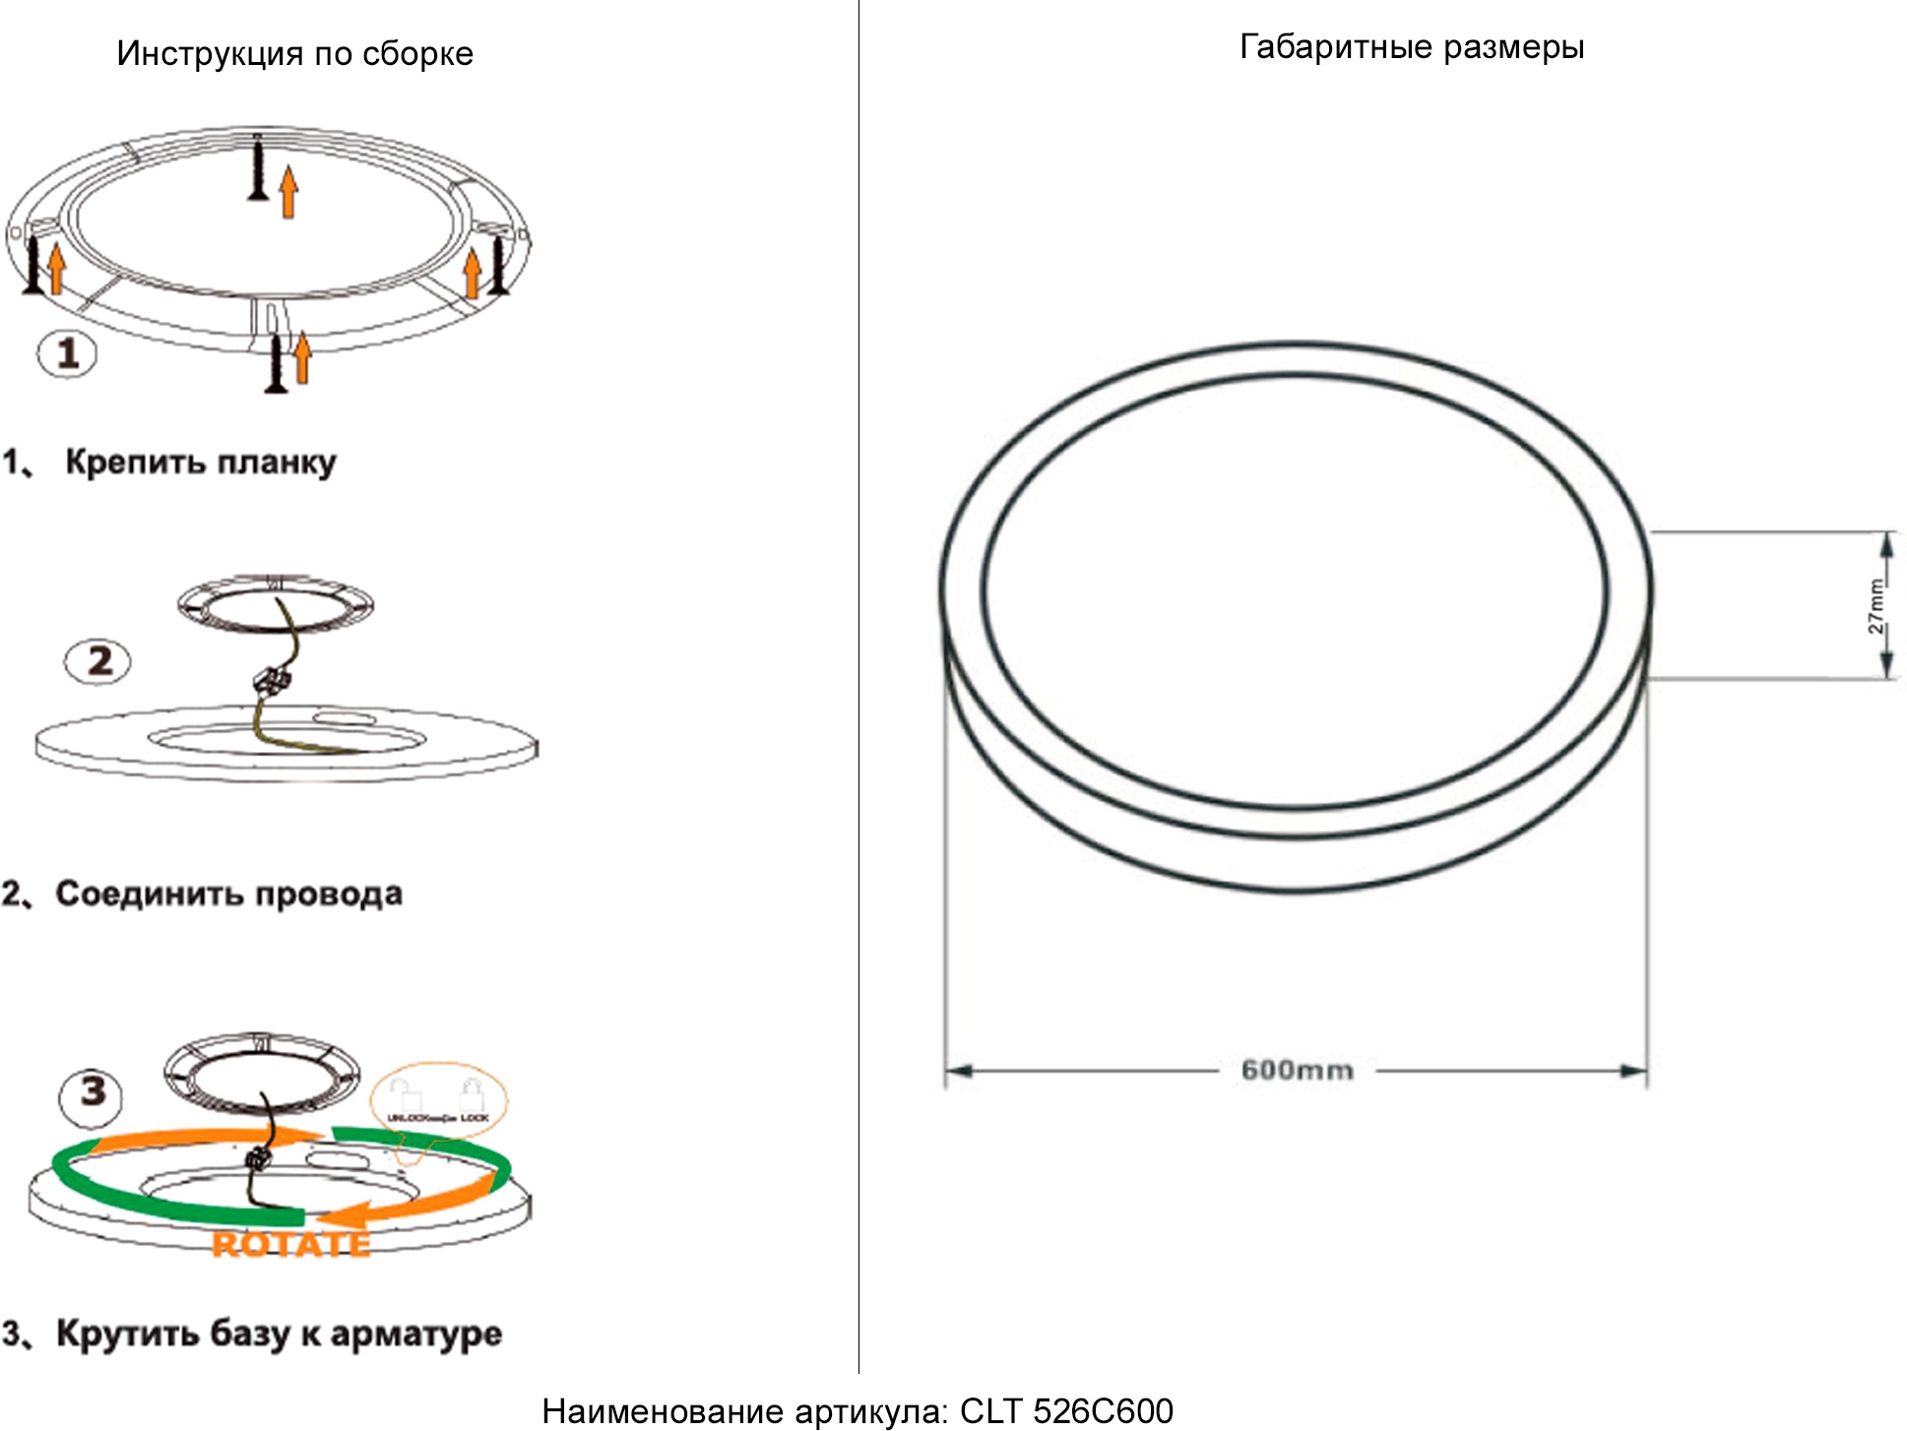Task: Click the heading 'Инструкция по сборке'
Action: coord(294,53)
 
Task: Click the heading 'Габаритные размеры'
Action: coord(1411,46)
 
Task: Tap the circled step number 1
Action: coord(67,353)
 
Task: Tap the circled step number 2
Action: coord(97,660)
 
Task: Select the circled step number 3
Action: coord(92,1091)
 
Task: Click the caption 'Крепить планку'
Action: coord(201,462)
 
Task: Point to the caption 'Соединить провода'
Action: coord(228,894)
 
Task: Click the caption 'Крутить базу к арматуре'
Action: coord(279,1334)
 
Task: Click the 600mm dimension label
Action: coord(1297,1070)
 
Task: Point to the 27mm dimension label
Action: coord(1876,606)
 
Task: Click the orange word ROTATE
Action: coord(291,1245)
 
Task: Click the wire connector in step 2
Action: coord(271,679)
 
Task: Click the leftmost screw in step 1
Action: coord(34,264)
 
